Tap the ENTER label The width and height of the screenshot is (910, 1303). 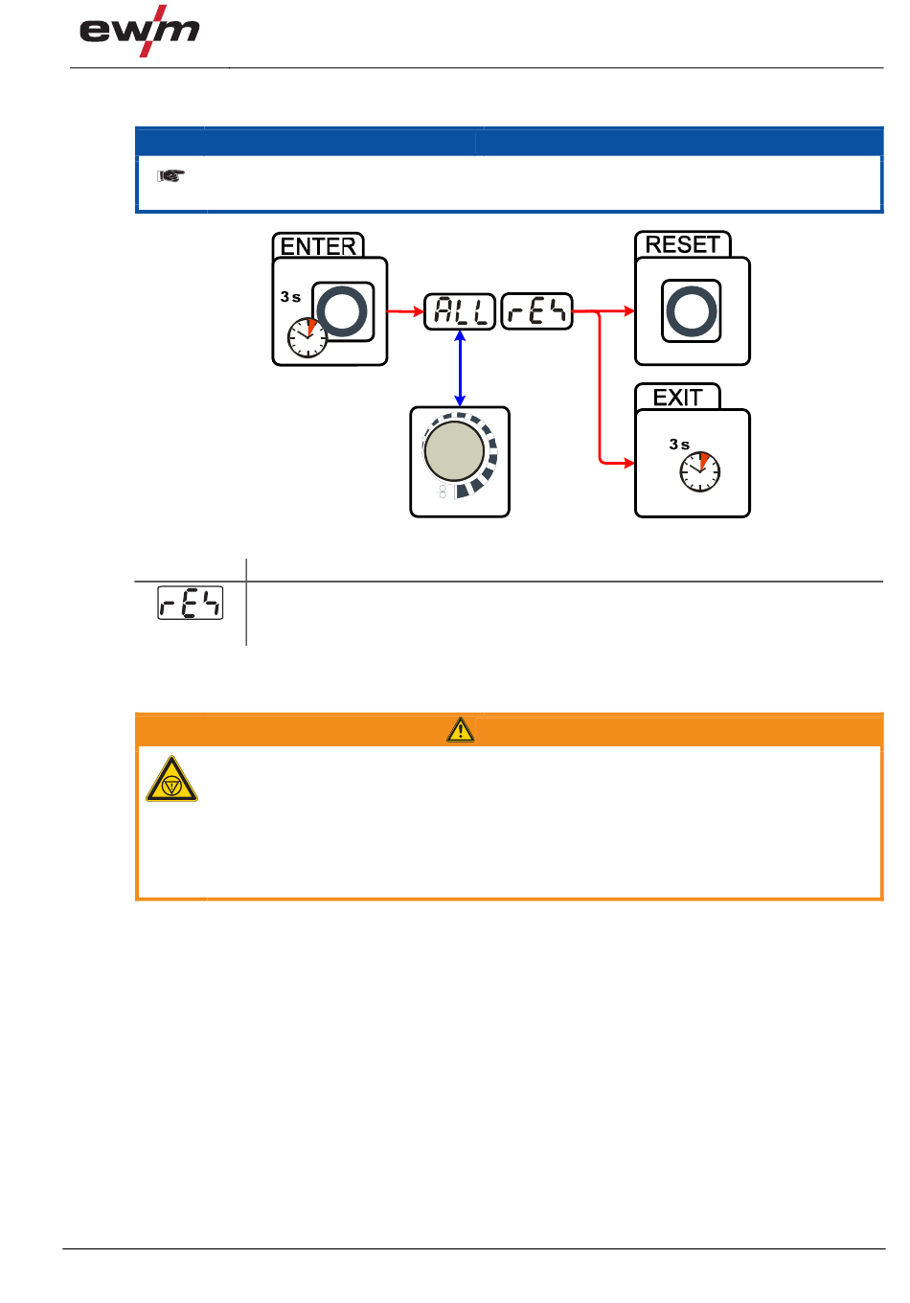318,246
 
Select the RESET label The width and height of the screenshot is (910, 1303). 682,244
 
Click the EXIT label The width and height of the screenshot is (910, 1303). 677,397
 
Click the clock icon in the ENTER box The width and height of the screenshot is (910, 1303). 307,337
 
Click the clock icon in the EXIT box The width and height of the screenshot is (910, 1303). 700,471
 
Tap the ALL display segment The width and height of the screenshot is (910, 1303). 460,310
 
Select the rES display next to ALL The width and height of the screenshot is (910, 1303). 536,310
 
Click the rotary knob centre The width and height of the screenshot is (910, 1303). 454,451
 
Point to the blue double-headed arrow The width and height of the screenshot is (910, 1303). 460,369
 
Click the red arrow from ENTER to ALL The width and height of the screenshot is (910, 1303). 405,310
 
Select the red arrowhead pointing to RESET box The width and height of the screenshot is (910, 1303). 628,310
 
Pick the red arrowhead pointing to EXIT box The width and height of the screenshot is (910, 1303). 628,464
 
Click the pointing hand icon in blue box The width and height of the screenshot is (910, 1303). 171,176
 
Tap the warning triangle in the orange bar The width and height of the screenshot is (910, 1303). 461,730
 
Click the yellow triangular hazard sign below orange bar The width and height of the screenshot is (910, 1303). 171,780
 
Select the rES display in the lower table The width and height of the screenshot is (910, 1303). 191,603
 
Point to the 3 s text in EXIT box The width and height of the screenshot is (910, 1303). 679,445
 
